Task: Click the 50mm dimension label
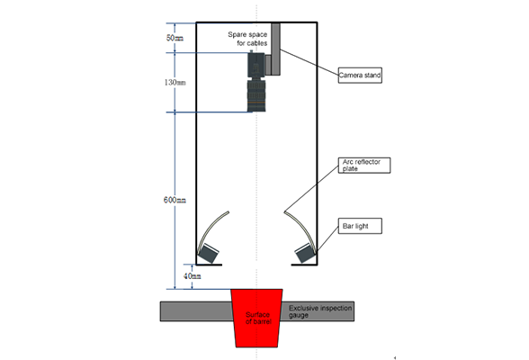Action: pyautogui.click(x=175, y=38)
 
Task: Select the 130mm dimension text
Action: pyautogui.click(x=175, y=82)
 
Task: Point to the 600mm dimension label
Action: pyautogui.click(x=175, y=200)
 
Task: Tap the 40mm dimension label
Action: pyautogui.click(x=193, y=276)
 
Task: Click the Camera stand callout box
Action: pyautogui.click(x=360, y=76)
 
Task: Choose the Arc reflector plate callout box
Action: pyautogui.click(x=364, y=166)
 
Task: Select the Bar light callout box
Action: pyautogui.click(x=360, y=226)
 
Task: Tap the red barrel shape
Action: pyautogui.click(x=256, y=318)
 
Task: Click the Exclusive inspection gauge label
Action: pyautogui.click(x=320, y=311)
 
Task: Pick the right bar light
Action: pyautogui.click(x=305, y=253)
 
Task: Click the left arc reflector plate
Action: pyautogui.click(x=211, y=229)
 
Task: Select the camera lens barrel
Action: pyautogui.click(x=256, y=95)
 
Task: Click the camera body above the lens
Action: pyautogui.click(x=256, y=65)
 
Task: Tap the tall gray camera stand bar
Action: pyautogui.click(x=275, y=49)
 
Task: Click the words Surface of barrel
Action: pyautogui.click(x=257, y=318)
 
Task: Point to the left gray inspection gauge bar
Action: pyautogui.click(x=196, y=311)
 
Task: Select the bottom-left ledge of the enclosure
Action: pyautogui.click(x=209, y=265)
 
